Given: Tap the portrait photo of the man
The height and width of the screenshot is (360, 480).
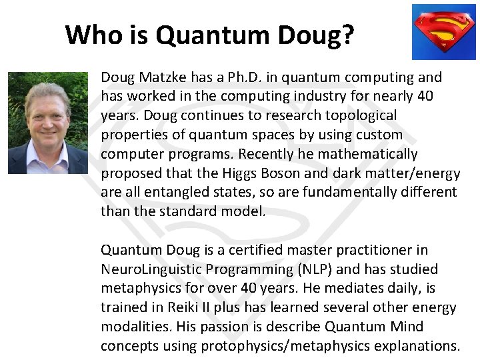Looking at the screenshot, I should click(47, 123).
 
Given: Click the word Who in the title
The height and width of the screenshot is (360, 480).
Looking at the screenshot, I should click(90, 34).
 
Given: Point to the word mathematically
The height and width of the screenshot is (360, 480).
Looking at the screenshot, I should click(369, 154).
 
